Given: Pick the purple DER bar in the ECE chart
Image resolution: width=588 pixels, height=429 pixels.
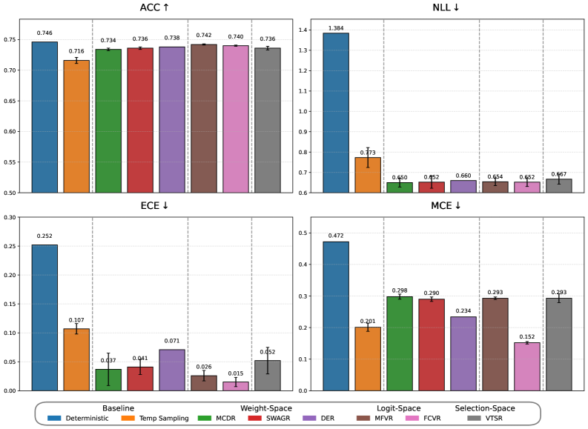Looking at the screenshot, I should click(172, 370).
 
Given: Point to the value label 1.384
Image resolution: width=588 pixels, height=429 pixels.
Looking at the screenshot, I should click(335, 27).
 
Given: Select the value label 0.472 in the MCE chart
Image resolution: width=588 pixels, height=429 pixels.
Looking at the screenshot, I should click(335, 236).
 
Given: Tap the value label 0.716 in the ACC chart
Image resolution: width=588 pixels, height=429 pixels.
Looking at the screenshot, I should click(76, 51).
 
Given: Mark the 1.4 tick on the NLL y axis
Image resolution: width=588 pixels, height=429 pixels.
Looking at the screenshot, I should click(308, 30).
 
